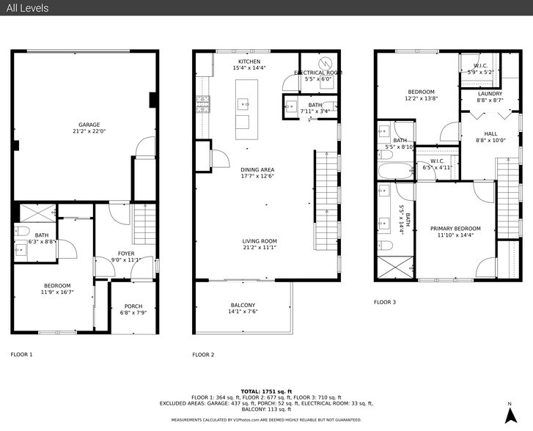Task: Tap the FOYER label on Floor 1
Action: point(126,253)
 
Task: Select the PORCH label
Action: point(133,306)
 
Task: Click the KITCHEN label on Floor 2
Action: point(249,61)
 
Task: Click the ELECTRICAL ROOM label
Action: point(318,73)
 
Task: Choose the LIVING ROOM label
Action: point(260,241)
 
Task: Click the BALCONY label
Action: point(243,305)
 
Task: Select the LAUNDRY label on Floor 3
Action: point(490,94)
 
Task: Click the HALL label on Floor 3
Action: point(490,133)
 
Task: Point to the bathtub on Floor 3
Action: point(394,172)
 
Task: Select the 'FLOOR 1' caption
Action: point(21,354)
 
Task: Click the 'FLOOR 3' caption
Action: point(385,302)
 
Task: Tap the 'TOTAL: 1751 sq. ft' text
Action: point(266,391)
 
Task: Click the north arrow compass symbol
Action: point(509,414)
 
